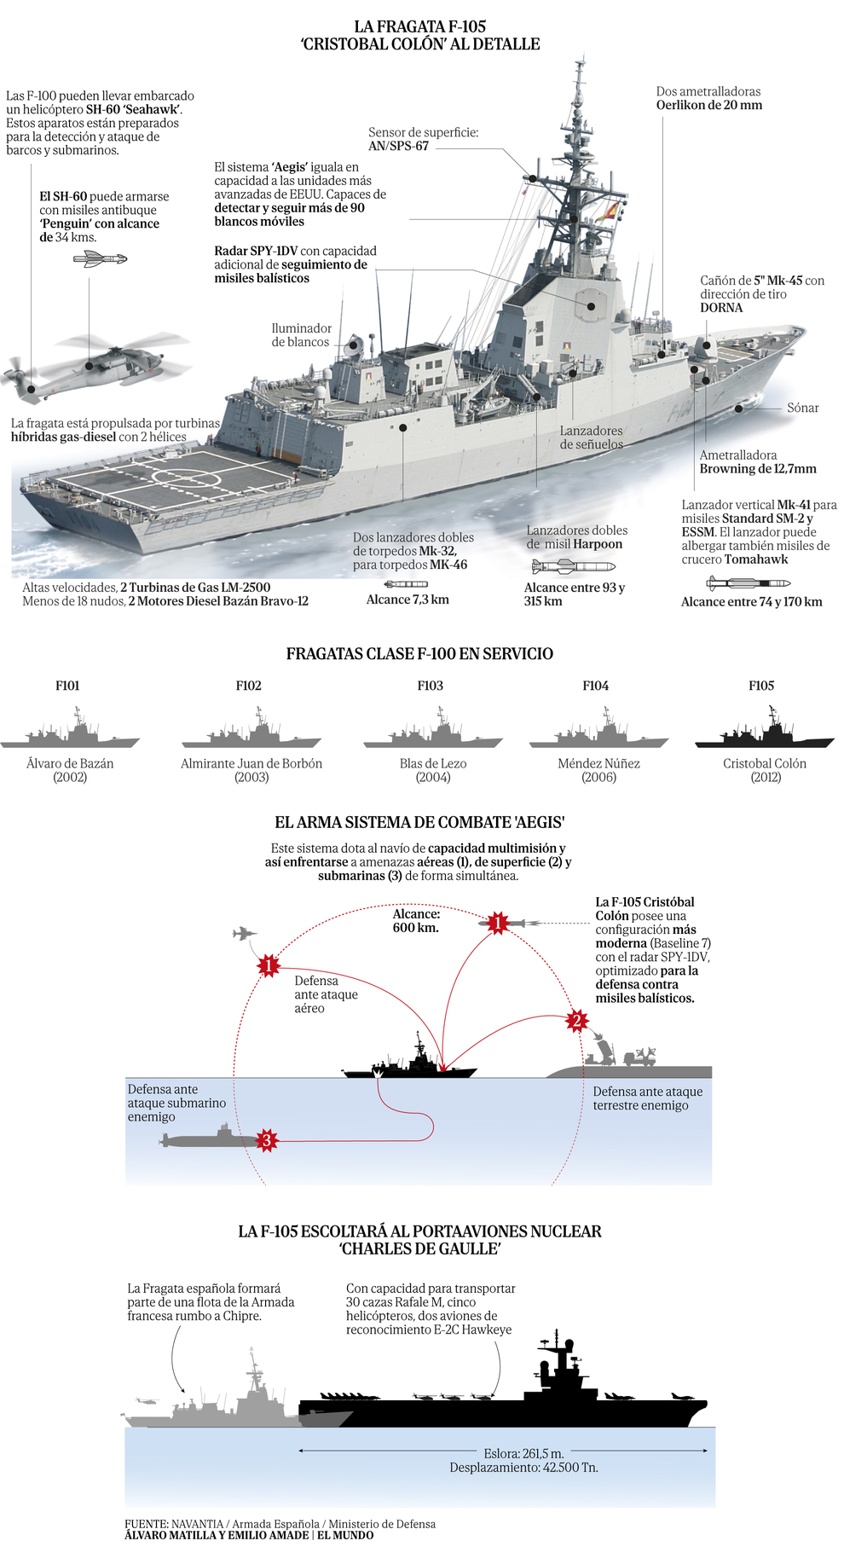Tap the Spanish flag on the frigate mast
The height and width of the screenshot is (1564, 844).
click(x=608, y=211)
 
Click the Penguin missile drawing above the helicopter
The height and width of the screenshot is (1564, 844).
click(x=100, y=258)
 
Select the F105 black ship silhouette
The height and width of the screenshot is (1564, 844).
click(x=764, y=732)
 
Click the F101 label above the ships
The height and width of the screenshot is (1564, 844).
click(x=67, y=686)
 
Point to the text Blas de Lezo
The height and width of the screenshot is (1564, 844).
click(x=433, y=763)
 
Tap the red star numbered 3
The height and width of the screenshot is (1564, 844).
click(x=267, y=1140)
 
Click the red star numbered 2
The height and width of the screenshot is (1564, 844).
click(x=576, y=1021)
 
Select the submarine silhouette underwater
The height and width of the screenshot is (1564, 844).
click(x=205, y=1138)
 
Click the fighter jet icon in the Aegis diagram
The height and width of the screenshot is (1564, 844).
click(x=244, y=934)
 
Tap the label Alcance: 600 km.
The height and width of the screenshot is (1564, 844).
click(x=416, y=921)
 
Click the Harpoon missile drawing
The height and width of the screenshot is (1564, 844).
click(x=572, y=566)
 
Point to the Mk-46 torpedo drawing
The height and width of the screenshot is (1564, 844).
click(x=406, y=584)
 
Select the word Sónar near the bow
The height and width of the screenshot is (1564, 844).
click(x=802, y=408)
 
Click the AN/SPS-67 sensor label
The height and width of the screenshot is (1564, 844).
click(x=398, y=146)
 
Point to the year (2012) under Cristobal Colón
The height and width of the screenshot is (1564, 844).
click(x=766, y=777)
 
